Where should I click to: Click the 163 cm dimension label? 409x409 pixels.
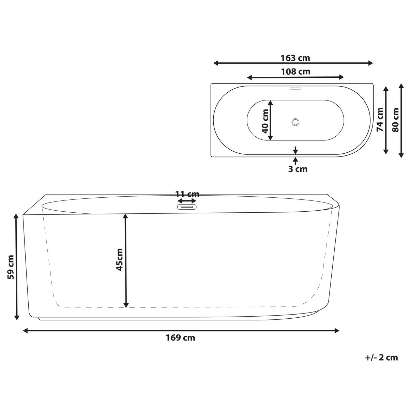click(x=295, y=58)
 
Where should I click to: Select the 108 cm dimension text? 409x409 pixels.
click(x=295, y=72)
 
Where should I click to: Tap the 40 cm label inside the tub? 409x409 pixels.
click(x=266, y=120)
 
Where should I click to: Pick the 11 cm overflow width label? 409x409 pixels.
click(x=187, y=194)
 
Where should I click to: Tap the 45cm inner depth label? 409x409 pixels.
click(x=119, y=259)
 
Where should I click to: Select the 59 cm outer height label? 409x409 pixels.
click(x=11, y=267)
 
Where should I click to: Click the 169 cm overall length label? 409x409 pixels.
click(x=181, y=338)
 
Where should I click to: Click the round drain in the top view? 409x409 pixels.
click(x=295, y=122)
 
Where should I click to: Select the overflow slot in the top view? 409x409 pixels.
click(x=295, y=89)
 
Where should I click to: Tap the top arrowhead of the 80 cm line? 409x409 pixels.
click(x=401, y=88)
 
